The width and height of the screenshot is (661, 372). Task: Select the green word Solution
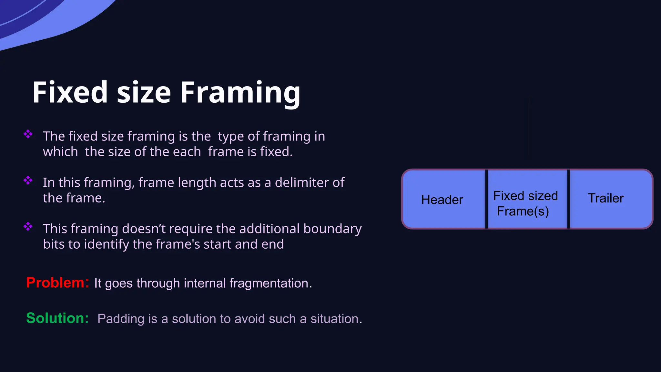pyautogui.click(x=57, y=318)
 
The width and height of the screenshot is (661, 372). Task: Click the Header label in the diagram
pyautogui.click(x=442, y=200)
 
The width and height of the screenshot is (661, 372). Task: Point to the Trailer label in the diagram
pyautogui.click(x=605, y=198)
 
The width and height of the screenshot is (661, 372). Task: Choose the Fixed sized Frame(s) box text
pyautogui.click(x=525, y=203)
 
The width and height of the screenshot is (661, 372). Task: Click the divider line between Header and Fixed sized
pyautogui.click(x=486, y=199)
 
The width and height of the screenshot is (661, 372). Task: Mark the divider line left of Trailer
pyautogui.click(x=568, y=199)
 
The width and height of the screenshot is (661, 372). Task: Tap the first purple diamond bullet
pyautogui.click(x=28, y=134)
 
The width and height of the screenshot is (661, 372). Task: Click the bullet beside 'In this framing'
pyautogui.click(x=28, y=180)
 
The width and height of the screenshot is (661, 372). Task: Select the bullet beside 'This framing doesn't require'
pyautogui.click(x=28, y=226)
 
